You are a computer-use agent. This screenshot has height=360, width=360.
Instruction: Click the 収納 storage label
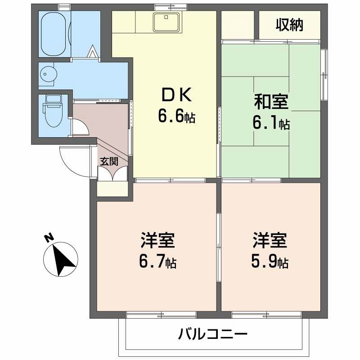(x=289, y=25)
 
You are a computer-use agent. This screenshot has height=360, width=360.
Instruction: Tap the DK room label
(x=176, y=95)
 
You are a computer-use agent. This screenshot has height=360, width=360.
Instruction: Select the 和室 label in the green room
(x=271, y=102)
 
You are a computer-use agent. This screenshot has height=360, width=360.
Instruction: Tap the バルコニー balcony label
(x=213, y=334)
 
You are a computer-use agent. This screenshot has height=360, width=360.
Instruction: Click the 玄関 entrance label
(x=108, y=162)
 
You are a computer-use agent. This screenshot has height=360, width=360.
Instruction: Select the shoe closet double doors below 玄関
(x=112, y=174)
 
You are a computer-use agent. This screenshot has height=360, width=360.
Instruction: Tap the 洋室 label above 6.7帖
(x=157, y=241)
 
